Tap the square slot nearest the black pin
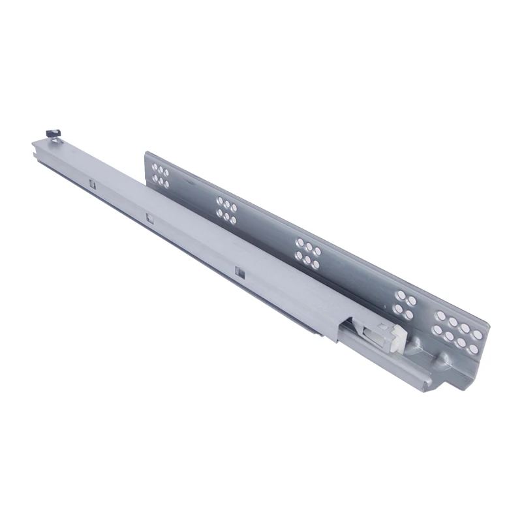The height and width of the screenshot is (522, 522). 93,185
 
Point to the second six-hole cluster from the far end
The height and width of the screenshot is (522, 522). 226,207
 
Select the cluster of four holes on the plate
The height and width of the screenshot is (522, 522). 404,305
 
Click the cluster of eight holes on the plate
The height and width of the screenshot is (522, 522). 459,331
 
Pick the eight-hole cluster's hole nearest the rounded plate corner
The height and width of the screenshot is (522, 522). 479,336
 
